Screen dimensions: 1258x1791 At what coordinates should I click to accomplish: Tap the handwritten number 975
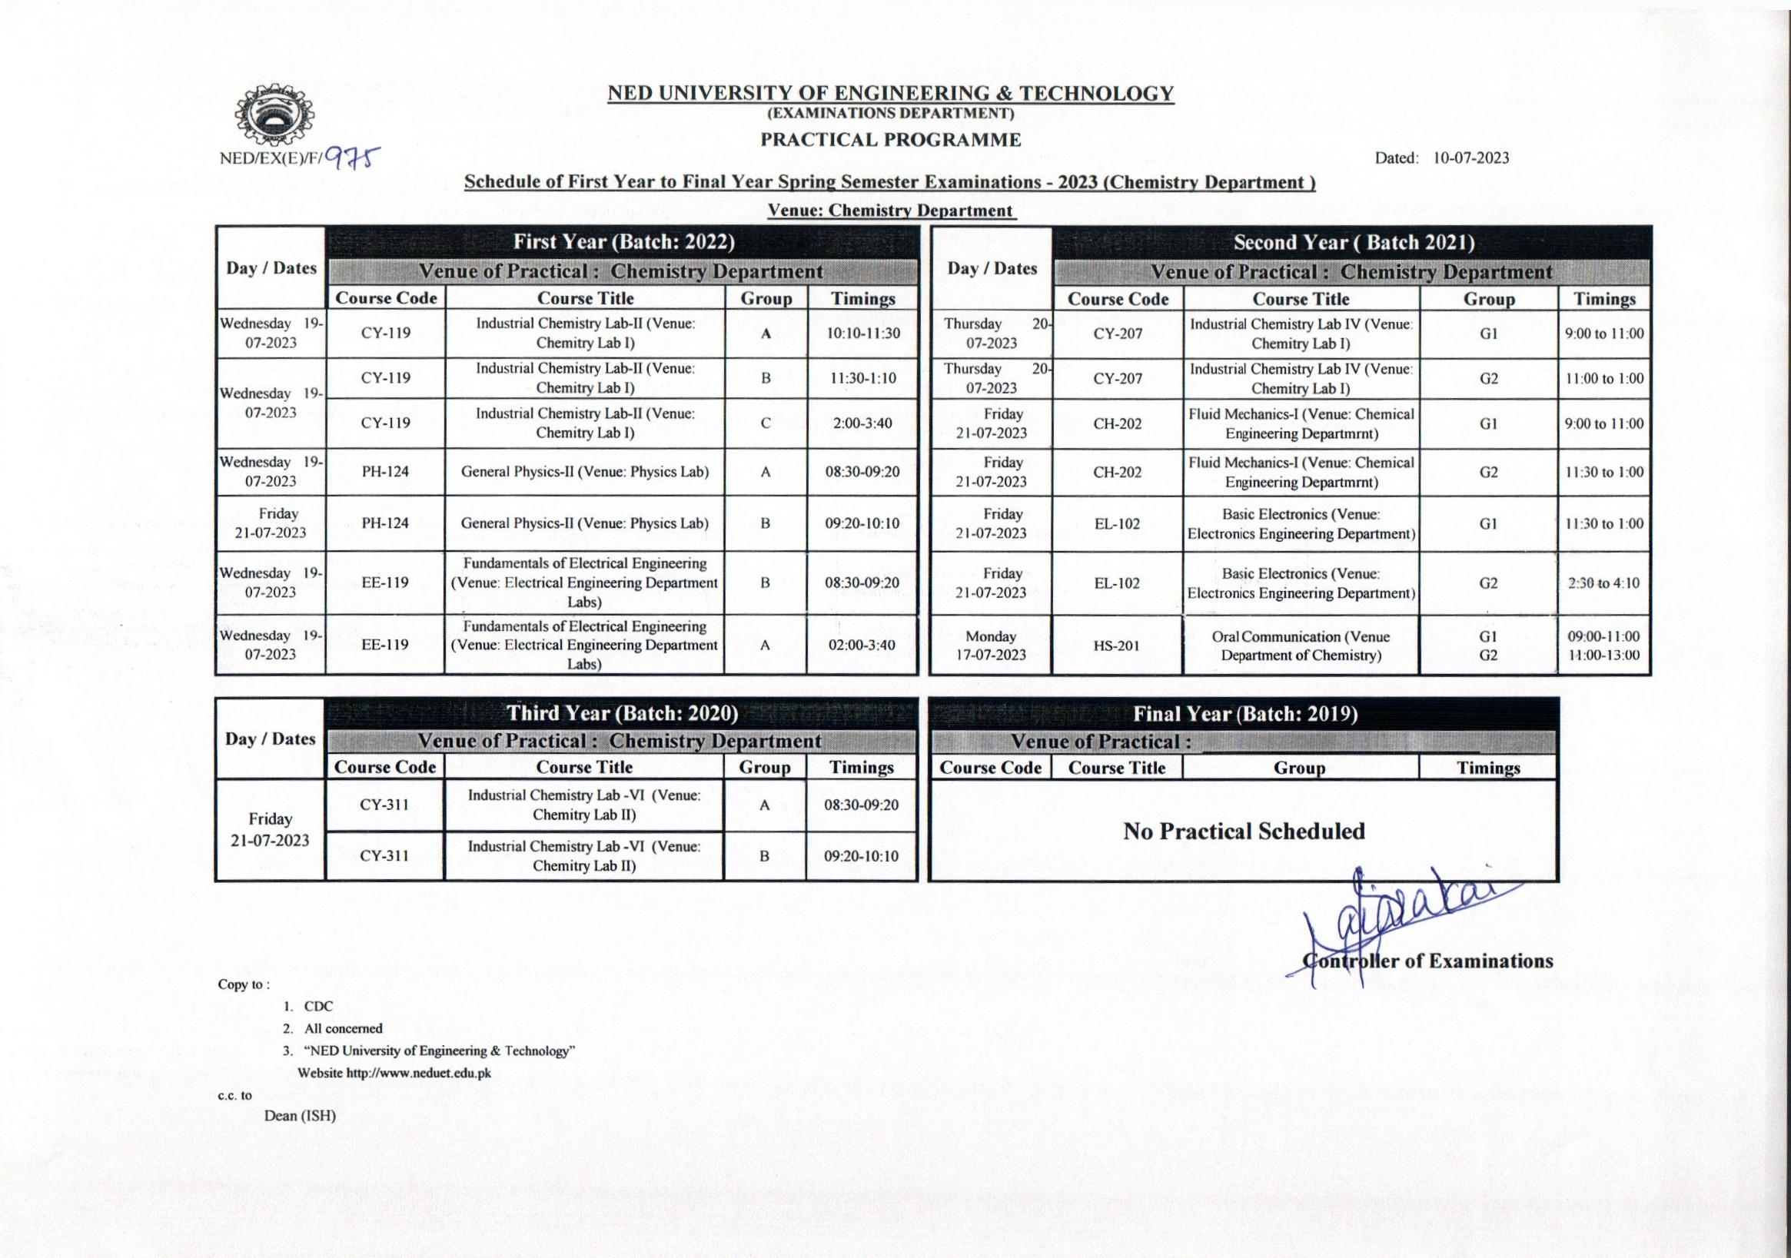(x=352, y=158)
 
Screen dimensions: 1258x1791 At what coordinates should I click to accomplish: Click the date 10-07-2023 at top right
(x=1470, y=158)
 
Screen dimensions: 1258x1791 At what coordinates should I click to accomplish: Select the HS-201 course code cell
(x=1117, y=646)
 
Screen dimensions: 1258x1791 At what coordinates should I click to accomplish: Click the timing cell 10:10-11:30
(x=862, y=333)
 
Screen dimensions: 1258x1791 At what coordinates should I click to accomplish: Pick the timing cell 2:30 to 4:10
(x=1603, y=583)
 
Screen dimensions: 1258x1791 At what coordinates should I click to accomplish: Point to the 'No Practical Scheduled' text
(x=1244, y=831)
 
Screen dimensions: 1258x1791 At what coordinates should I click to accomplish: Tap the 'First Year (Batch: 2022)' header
(x=623, y=242)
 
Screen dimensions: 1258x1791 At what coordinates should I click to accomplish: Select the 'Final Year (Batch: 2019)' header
(x=1245, y=714)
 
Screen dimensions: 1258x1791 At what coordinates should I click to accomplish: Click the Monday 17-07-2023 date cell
(x=991, y=646)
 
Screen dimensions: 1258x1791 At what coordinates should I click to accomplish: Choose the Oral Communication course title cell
(x=1301, y=646)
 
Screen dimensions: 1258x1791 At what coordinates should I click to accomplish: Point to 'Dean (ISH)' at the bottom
(x=300, y=1116)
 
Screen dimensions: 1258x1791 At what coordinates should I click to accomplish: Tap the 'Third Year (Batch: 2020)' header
(x=622, y=714)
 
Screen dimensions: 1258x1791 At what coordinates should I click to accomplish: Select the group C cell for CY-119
(x=766, y=423)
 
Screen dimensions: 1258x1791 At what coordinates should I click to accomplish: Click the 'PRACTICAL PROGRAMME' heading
(x=891, y=140)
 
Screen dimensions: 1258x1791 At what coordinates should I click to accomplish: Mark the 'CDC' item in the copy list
(x=318, y=1006)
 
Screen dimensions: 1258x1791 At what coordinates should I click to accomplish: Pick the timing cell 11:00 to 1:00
(x=1603, y=379)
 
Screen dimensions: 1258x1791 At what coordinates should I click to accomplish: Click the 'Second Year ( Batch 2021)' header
(x=1354, y=243)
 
